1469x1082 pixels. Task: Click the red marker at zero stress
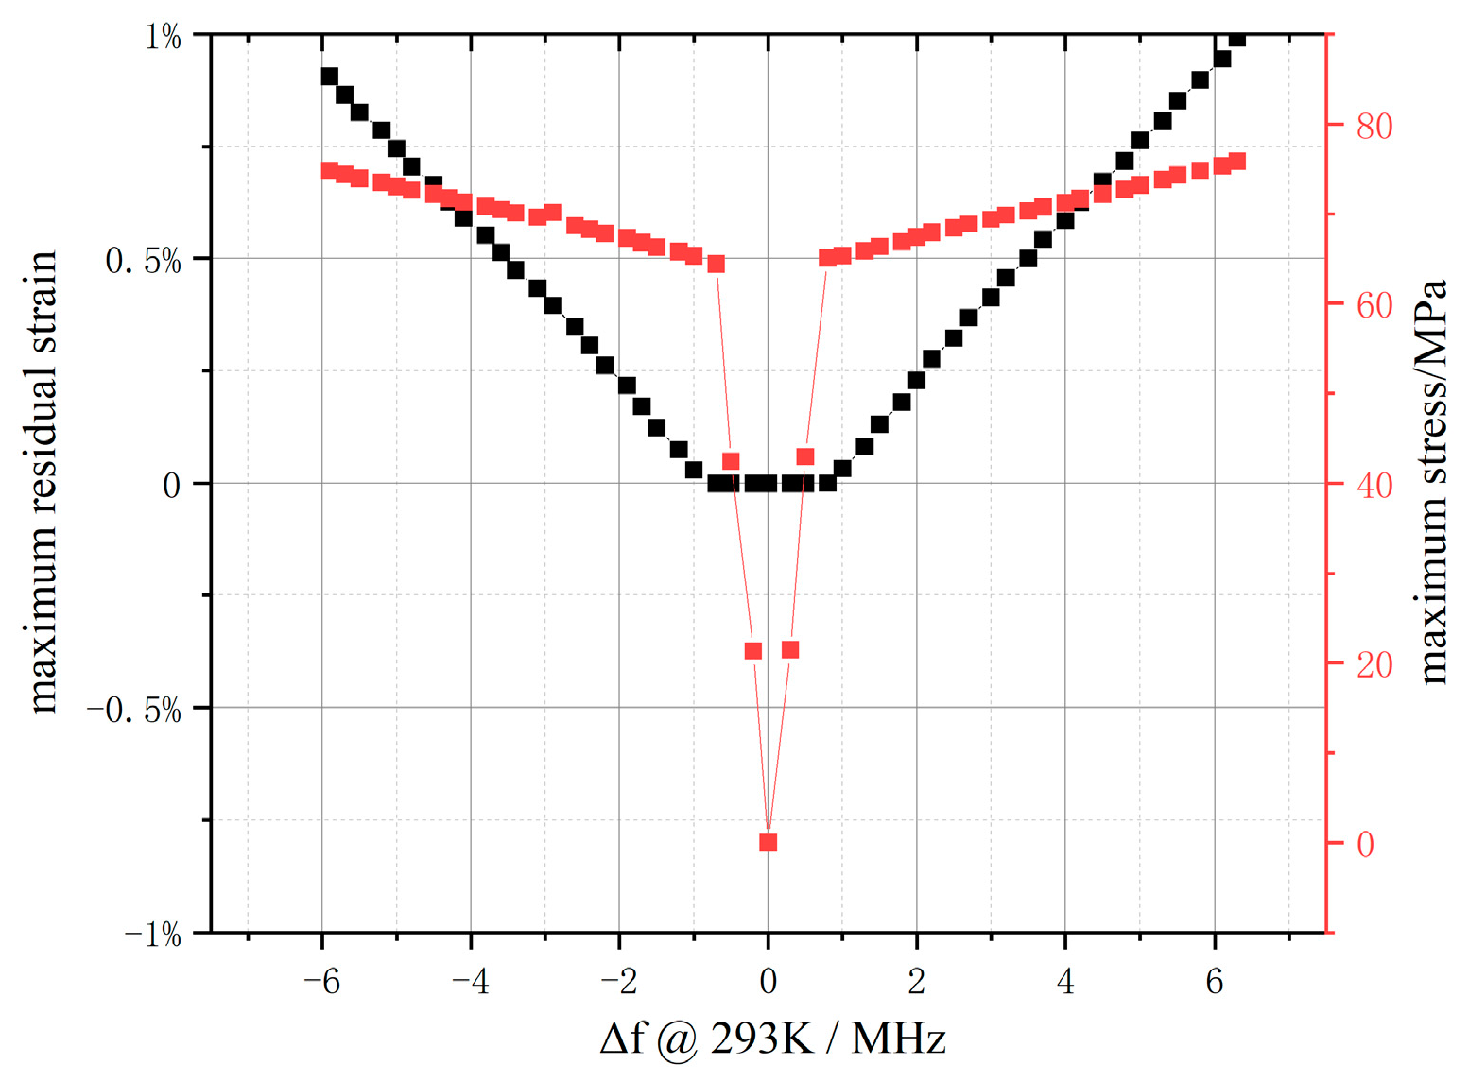768,842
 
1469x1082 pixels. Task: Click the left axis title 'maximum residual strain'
43,482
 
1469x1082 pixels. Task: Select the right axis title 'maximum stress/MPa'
1433,482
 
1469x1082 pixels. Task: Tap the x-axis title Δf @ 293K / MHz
772,1039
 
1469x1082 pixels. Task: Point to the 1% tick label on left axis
162,37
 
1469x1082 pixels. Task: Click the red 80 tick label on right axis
1374,126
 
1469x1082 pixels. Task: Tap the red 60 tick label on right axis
1374,305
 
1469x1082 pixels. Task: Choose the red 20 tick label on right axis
1374,664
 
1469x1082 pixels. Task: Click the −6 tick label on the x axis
321,982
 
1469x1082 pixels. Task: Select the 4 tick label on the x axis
1065,982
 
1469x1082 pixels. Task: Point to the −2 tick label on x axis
618,982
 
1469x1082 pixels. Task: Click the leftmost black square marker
329,77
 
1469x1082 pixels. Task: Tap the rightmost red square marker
1236,162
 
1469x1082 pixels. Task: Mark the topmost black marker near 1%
1236,38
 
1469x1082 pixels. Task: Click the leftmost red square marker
329,171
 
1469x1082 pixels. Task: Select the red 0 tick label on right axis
1365,844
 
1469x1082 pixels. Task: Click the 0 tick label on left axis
171,486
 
